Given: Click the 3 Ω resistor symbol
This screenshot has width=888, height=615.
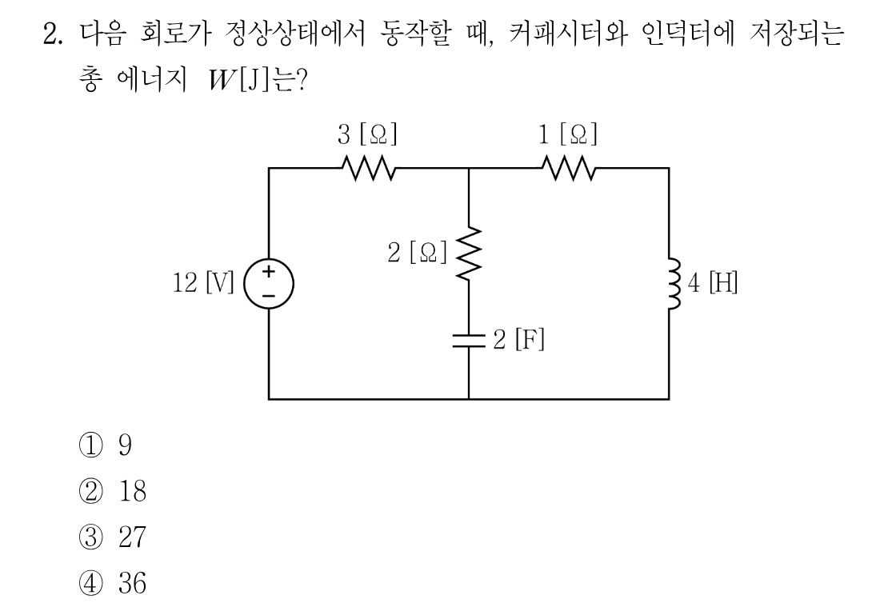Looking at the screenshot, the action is click(x=368, y=168).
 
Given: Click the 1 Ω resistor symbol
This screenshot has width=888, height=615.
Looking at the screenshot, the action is click(x=569, y=168).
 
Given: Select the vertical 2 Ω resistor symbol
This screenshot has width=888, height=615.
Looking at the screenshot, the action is click(x=469, y=253).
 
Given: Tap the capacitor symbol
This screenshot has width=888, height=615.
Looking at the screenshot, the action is click(x=469, y=339).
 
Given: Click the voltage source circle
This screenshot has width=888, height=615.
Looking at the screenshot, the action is click(x=269, y=284).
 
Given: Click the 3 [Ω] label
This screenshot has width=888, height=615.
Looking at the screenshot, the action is click(x=367, y=135).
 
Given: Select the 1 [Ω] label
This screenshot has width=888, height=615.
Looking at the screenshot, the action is click(x=567, y=135).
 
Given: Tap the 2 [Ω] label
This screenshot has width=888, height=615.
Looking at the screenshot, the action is click(x=418, y=253).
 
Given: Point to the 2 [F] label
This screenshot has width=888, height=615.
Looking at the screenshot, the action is click(x=518, y=339).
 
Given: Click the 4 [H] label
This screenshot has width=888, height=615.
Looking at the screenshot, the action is click(x=713, y=282).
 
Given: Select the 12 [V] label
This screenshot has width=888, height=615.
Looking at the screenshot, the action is click(x=203, y=282).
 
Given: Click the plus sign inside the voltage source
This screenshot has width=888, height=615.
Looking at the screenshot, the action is click(x=269, y=270).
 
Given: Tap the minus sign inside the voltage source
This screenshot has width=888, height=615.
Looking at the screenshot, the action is click(x=269, y=296).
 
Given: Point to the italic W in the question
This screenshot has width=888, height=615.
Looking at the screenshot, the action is click(x=222, y=81).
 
